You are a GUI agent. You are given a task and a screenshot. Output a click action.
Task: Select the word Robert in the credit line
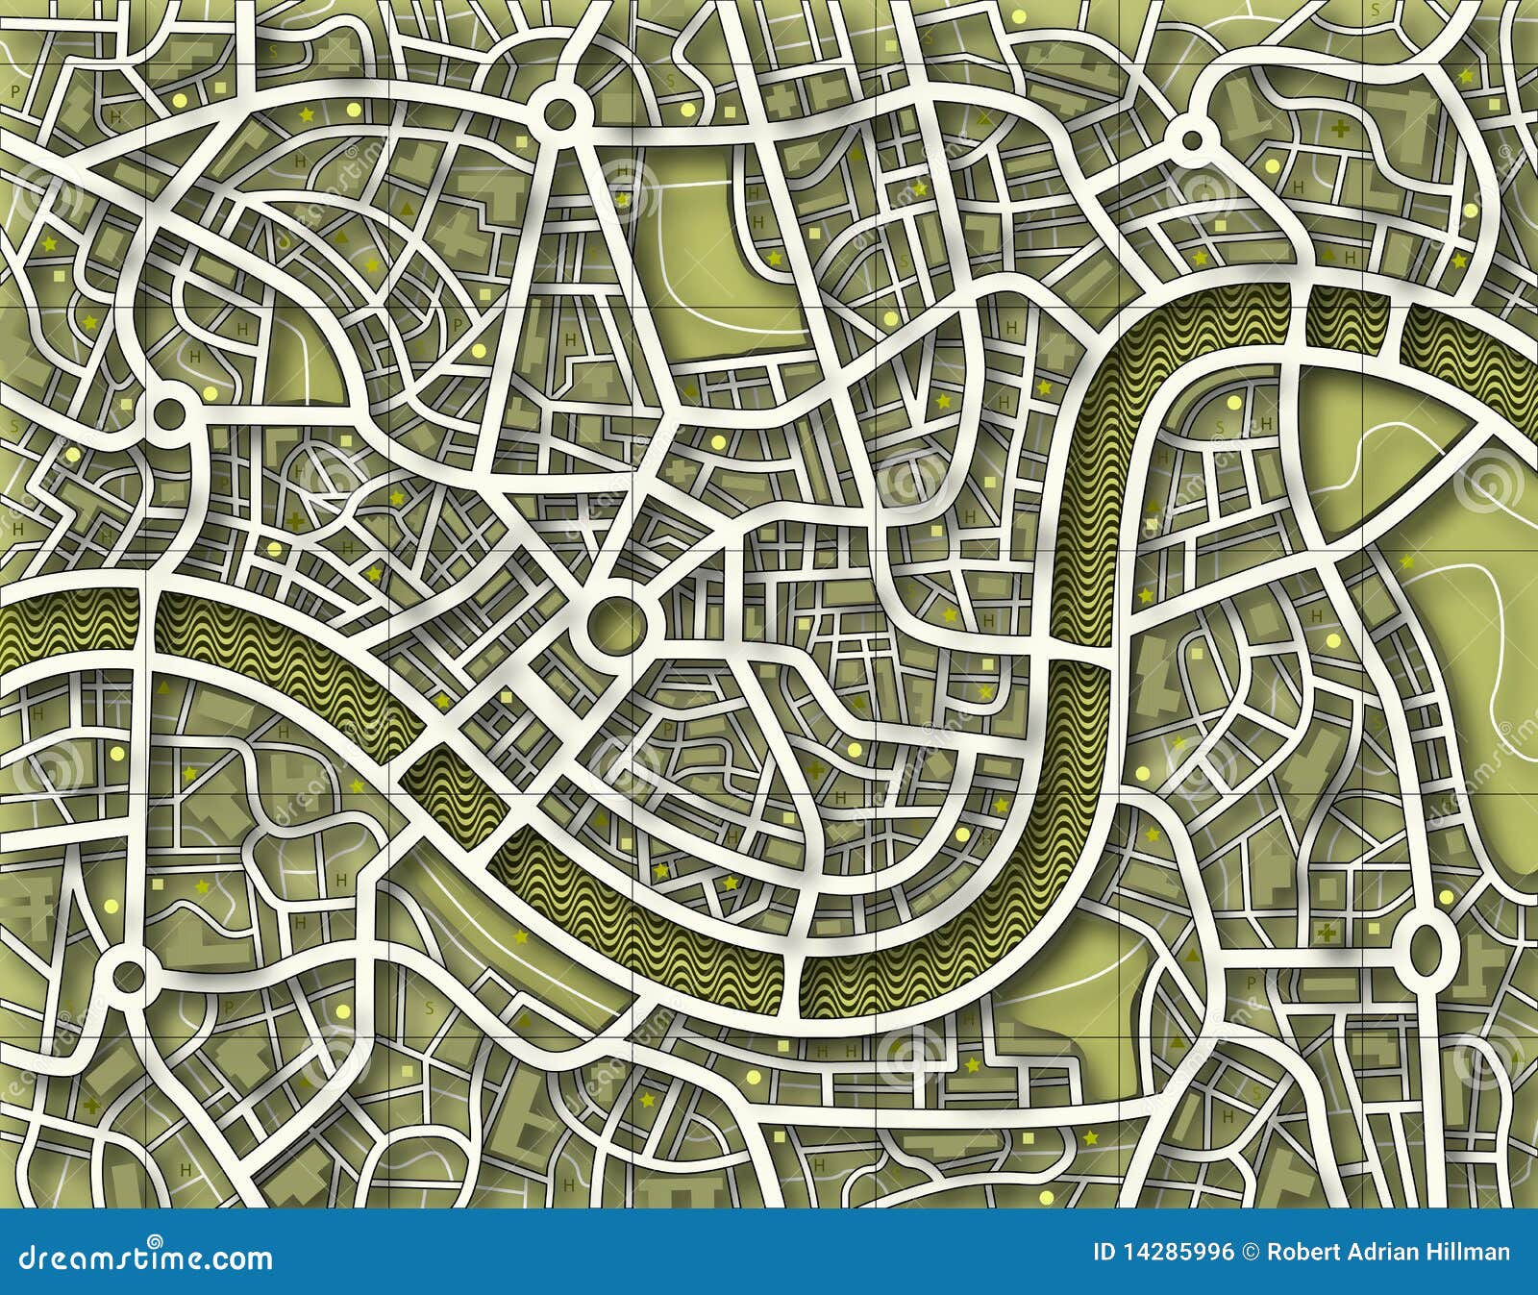pyautogui.click(x=1302, y=1253)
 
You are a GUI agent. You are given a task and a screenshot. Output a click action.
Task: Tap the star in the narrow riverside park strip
pyautogui.click(x=521, y=936)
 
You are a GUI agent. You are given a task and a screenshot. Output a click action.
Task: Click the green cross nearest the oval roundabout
pyautogui.click(x=1329, y=933)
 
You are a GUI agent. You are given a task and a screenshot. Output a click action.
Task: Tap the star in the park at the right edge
pyautogui.click(x=1407, y=561)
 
